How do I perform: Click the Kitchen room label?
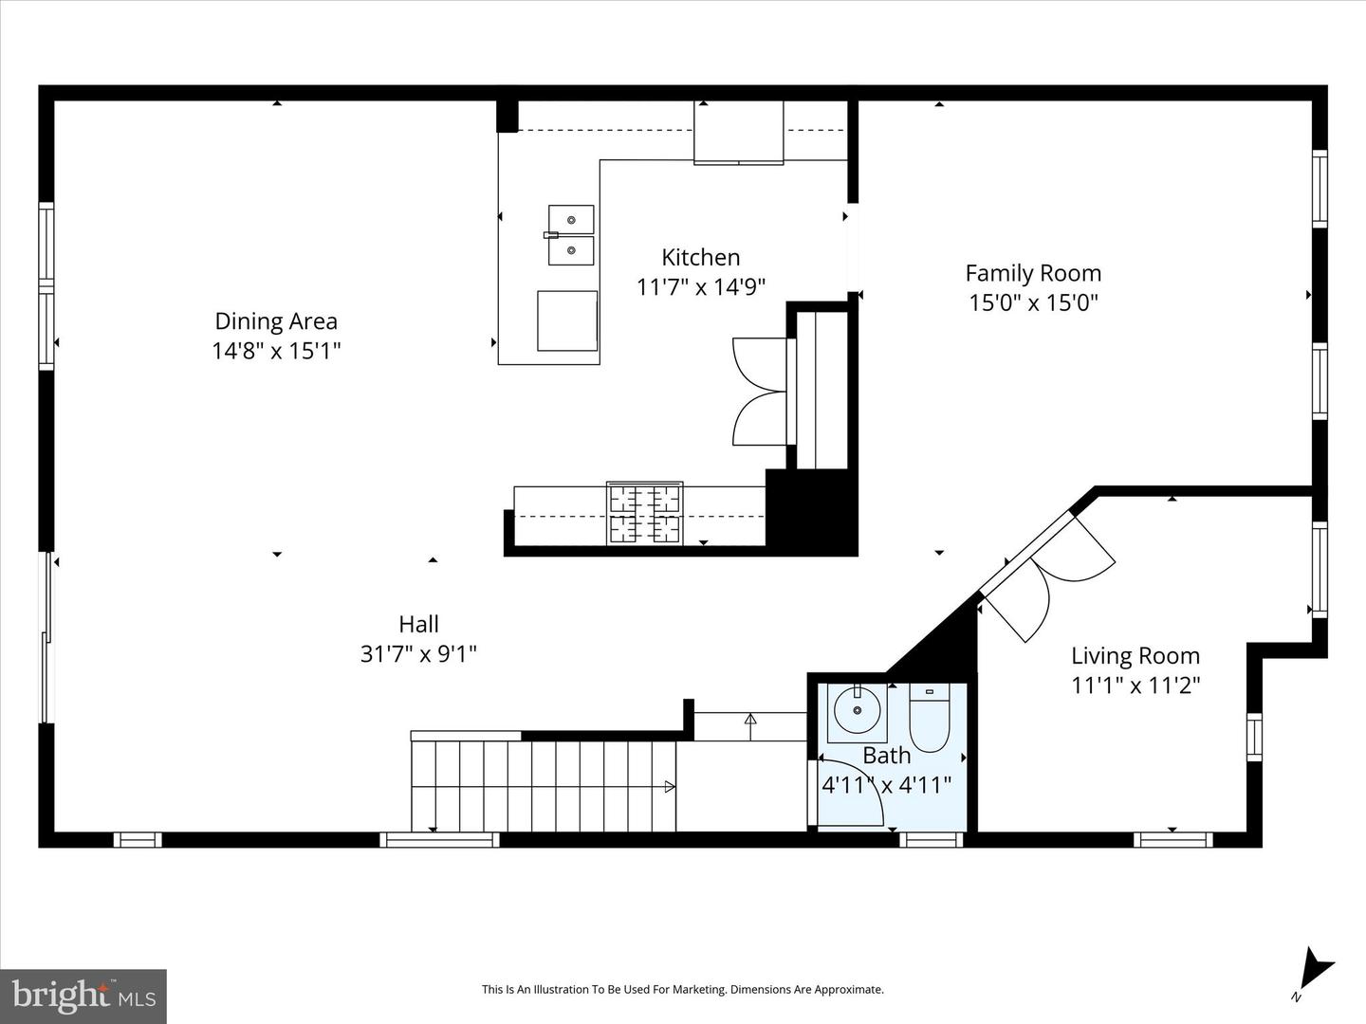(x=700, y=257)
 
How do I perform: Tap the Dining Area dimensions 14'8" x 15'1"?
(x=276, y=351)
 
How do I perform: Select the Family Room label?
(x=1033, y=273)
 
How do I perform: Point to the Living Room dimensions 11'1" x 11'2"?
(x=1135, y=685)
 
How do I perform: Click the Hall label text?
(x=418, y=624)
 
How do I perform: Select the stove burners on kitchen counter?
(x=645, y=513)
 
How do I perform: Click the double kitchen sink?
(x=571, y=235)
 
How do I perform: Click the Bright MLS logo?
(x=83, y=996)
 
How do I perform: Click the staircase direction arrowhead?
(x=670, y=786)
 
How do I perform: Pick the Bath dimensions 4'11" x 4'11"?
(x=886, y=785)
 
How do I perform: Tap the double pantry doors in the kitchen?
(x=759, y=391)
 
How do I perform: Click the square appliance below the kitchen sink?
(x=567, y=320)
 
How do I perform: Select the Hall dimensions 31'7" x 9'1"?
(x=418, y=653)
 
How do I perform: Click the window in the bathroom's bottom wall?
(x=931, y=839)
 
